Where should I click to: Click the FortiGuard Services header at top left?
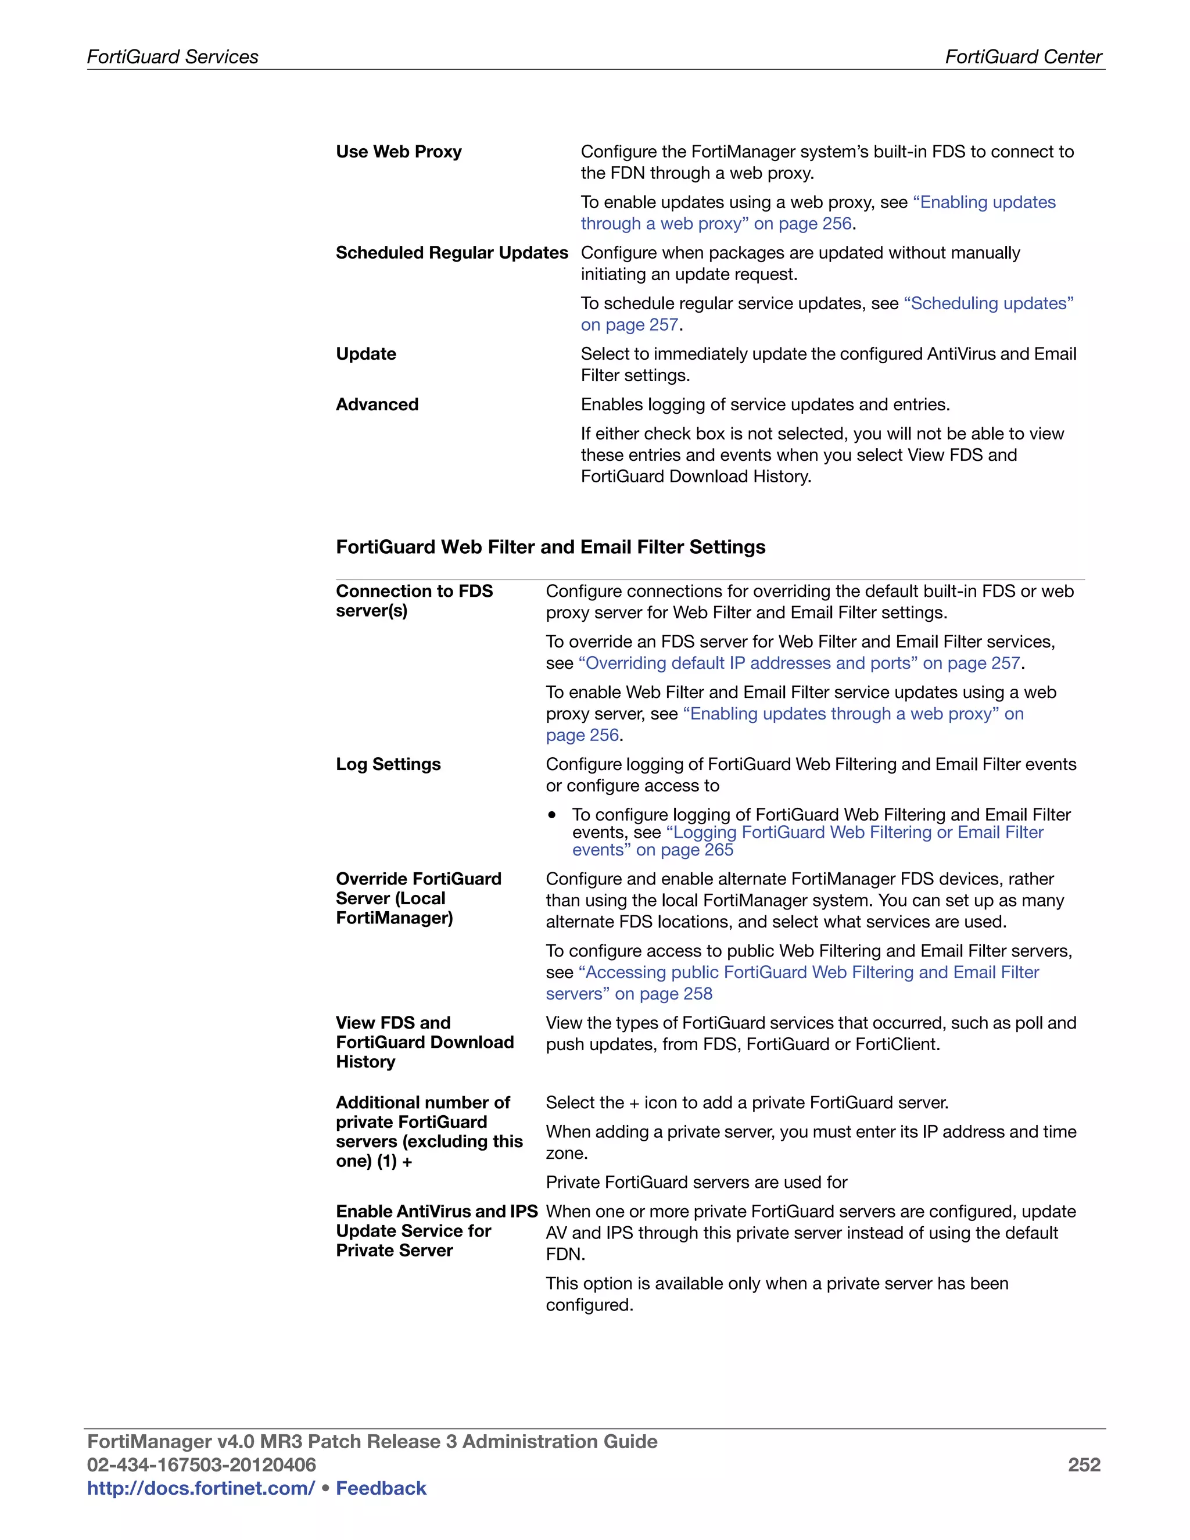coord(173,57)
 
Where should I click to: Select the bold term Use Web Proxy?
coord(398,152)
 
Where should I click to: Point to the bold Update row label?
coord(366,354)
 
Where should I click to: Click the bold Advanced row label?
coord(377,404)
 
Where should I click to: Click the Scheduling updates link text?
coord(988,303)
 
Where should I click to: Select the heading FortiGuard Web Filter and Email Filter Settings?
coord(551,547)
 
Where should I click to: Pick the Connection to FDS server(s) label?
coord(414,601)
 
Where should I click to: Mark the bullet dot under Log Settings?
coord(552,815)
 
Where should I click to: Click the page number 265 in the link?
coord(718,850)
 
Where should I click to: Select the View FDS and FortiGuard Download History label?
coord(424,1042)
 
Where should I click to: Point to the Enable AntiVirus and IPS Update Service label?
coord(436,1231)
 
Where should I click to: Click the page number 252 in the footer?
coord(1084,1465)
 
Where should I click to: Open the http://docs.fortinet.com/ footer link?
coord(201,1488)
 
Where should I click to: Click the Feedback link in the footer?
coord(381,1488)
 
